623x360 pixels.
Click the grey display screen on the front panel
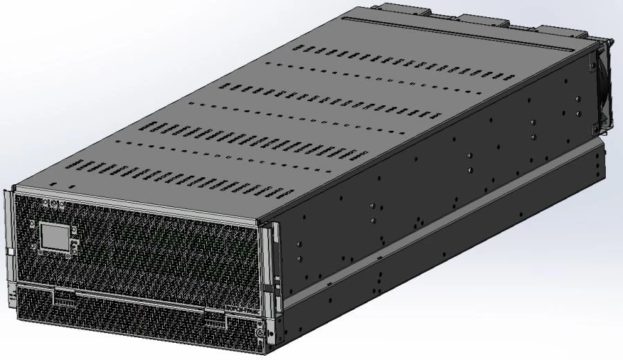click(55, 236)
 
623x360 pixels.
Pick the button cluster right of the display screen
click(74, 243)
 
